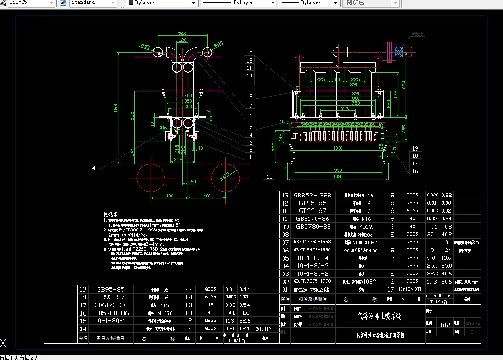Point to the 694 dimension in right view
pyautogui.click(x=404, y=84)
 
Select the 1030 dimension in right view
pyautogui.click(x=338, y=148)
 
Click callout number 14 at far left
pyautogui.click(x=93, y=168)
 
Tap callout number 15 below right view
pyautogui.click(x=270, y=177)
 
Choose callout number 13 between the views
pyautogui.click(x=250, y=53)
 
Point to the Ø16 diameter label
pyautogui.click(x=163, y=128)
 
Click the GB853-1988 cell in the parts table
pyautogui.click(x=313, y=195)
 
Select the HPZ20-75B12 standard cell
pyautogui.click(x=311, y=289)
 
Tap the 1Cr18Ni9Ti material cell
pyautogui.click(x=409, y=289)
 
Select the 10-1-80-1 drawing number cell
pyautogui.click(x=110, y=320)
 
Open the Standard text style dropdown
pyautogui.click(x=93, y=3)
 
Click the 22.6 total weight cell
pyautogui.click(x=245, y=320)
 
